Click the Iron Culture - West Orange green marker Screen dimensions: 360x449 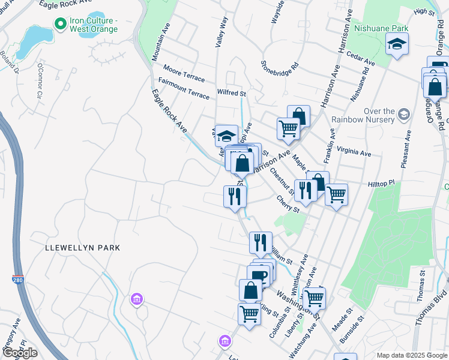[60, 25]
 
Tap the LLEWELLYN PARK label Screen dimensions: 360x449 [83, 247]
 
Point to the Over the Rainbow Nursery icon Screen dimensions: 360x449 [404, 113]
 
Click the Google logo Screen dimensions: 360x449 [20, 353]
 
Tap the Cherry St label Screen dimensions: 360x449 [288, 203]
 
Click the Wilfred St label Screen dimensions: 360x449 [232, 94]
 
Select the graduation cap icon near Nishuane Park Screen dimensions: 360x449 [396, 45]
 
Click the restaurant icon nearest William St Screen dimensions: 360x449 [261, 242]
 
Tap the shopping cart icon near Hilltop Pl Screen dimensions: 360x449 [336, 194]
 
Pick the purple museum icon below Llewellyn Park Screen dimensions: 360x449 [137, 298]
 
